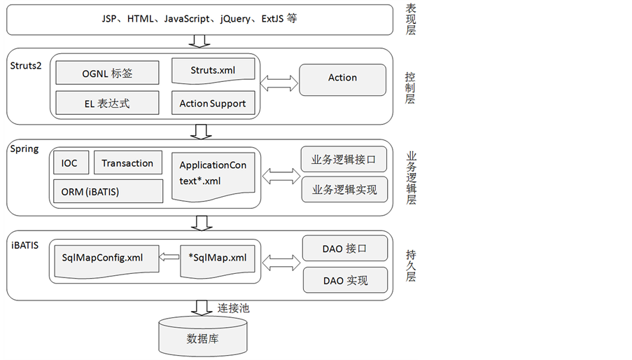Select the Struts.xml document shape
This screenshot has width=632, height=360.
pyautogui.click(x=213, y=71)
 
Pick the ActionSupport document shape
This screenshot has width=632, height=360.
pyautogui.click(x=213, y=103)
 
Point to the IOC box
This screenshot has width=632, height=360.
pyautogui.click(x=69, y=163)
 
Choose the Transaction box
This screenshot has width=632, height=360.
pyautogui.click(x=127, y=163)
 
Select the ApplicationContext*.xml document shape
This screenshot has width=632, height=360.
pyautogui.click(x=213, y=172)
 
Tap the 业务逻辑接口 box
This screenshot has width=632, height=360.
pyautogui.click(x=344, y=160)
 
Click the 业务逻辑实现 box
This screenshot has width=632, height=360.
pyautogui.click(x=344, y=189)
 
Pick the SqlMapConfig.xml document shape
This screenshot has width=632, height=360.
pyautogui.click(x=102, y=258)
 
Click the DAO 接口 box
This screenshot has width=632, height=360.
pyautogui.click(x=344, y=249)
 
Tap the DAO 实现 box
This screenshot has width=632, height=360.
pyautogui.click(x=344, y=280)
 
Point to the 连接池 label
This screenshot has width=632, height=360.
pyautogui.click(x=233, y=307)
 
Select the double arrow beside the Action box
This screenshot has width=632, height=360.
pyautogui.click(x=279, y=83)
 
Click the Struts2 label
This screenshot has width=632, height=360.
pyautogui.click(x=26, y=65)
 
